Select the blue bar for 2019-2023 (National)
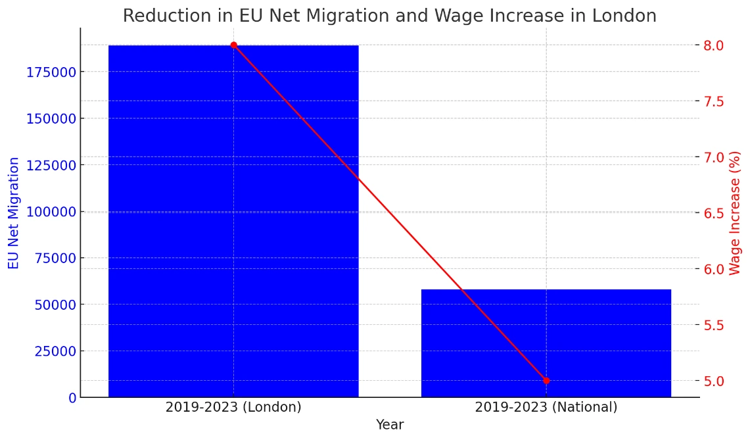[x=546, y=343]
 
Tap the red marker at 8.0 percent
[x=233, y=45]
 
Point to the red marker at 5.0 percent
[x=546, y=381]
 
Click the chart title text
[x=389, y=16]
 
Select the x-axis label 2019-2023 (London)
[x=233, y=407]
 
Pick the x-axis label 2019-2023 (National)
[x=546, y=407]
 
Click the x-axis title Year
[x=389, y=425]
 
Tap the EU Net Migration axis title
[x=14, y=212]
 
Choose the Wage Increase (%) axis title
[x=735, y=212]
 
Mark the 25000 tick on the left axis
[x=55, y=351]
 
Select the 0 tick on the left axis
[x=72, y=398]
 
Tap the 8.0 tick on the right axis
[x=713, y=45]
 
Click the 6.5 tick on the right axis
[x=713, y=213]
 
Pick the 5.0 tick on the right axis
[x=713, y=381]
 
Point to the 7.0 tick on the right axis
[x=713, y=157]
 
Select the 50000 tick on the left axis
[x=55, y=305]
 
